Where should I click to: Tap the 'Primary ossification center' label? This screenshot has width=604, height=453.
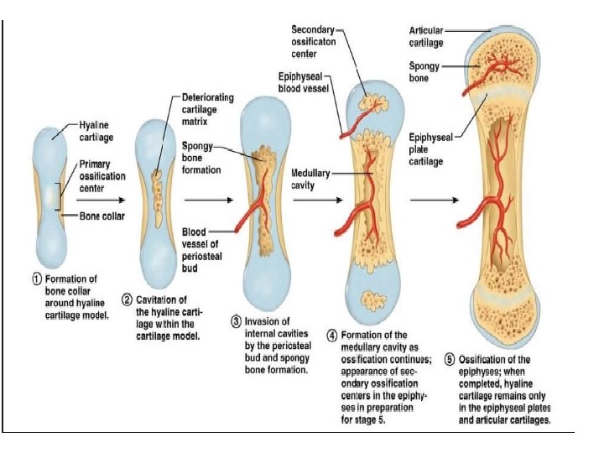(102, 176)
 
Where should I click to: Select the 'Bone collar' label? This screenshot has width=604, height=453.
(103, 216)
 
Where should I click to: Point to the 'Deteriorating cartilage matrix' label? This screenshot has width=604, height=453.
(204, 108)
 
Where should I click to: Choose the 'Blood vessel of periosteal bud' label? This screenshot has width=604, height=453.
(201, 244)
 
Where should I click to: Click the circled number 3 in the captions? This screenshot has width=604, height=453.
(237, 320)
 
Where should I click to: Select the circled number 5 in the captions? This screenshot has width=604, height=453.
(450, 360)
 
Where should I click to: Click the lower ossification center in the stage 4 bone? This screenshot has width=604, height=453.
(371, 300)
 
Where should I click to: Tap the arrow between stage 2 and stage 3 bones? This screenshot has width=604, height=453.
(207, 200)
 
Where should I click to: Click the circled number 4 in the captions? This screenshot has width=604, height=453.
(333, 335)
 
